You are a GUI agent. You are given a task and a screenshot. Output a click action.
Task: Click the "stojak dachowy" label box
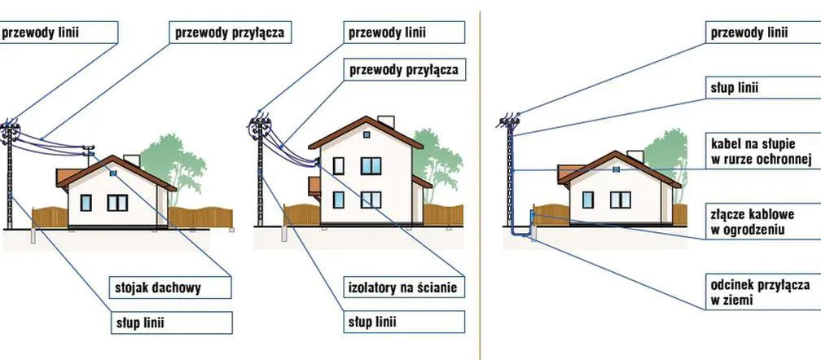point(170,288)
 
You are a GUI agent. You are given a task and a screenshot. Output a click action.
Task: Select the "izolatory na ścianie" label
point(402,288)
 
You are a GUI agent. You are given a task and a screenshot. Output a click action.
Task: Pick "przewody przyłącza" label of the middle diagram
point(404,70)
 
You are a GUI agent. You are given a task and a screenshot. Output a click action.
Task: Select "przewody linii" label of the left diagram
point(57,33)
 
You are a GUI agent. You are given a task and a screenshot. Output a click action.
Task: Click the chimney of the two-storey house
point(386,122)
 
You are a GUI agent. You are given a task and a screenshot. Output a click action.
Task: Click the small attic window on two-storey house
point(367,134)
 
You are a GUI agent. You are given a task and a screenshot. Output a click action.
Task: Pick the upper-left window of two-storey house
point(339,165)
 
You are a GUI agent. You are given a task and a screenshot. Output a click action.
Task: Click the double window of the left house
point(117,201)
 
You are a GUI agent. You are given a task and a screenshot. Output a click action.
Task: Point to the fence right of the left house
point(200,217)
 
